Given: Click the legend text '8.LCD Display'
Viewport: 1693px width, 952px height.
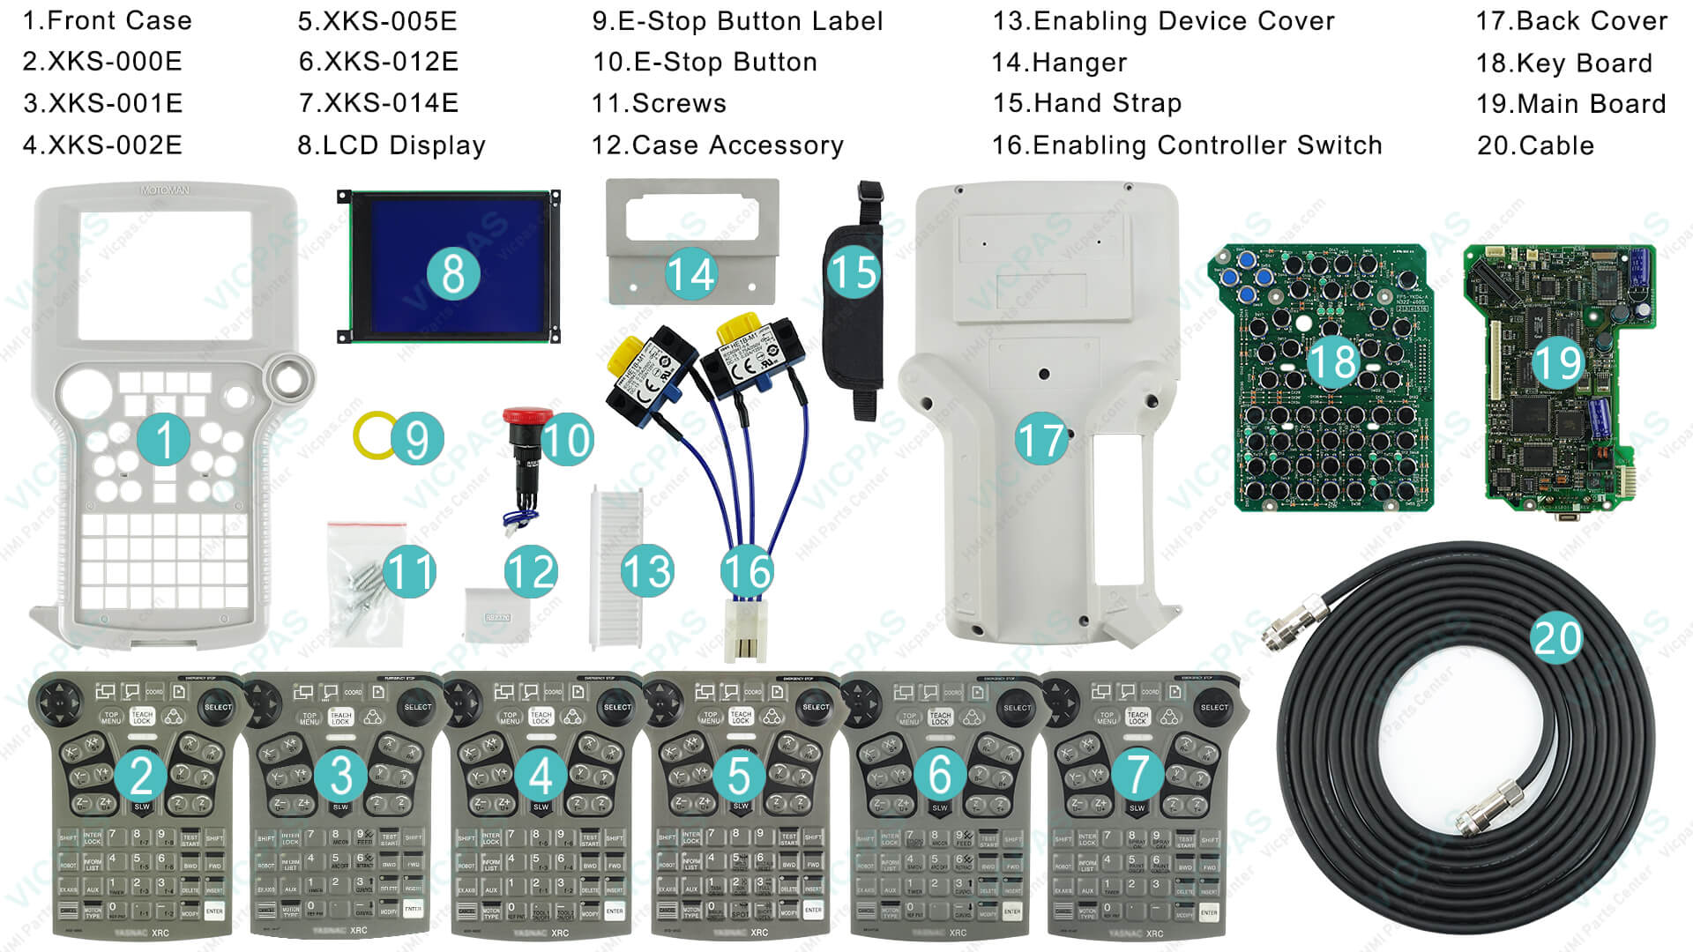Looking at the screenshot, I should coord(392,145).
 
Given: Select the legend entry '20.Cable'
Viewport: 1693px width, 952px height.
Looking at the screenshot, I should coord(1535,145).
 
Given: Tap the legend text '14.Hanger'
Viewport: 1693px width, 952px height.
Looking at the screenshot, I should coord(1059,63).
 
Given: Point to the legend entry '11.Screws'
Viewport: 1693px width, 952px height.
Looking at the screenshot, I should coord(659,104).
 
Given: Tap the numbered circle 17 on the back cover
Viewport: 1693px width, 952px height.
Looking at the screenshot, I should coord(1041,439).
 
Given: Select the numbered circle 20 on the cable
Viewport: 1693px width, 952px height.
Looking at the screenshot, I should coord(1557,637).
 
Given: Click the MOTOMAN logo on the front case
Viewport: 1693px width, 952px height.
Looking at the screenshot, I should coord(165,190).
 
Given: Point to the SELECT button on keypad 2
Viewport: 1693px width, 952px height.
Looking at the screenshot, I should coord(217,707).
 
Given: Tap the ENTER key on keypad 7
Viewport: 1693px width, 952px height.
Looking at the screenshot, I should coord(1208,912).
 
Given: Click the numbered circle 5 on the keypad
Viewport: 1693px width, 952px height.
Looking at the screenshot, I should coord(739,776).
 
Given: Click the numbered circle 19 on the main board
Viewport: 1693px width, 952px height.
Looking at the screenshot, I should coord(1558,361).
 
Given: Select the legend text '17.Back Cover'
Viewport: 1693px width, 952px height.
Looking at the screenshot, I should coord(1571,21).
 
